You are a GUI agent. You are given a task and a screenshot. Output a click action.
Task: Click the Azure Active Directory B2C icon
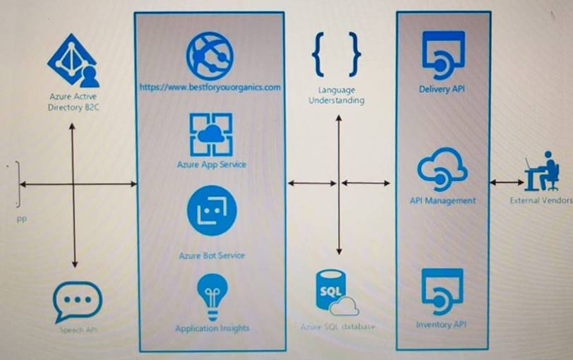pyautogui.click(x=73, y=62)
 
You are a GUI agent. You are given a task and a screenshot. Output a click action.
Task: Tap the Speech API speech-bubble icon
pyautogui.click(x=78, y=301)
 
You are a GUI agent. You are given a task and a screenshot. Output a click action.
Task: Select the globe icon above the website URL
pyautogui.click(x=210, y=55)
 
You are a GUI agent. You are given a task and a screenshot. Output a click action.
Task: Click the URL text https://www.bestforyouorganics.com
pyautogui.click(x=210, y=88)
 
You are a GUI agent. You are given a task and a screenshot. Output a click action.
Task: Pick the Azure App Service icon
pyautogui.click(x=211, y=134)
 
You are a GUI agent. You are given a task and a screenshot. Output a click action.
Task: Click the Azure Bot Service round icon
pyautogui.click(x=212, y=210)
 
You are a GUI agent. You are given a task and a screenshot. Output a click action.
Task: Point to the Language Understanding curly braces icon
pyautogui.click(x=337, y=53)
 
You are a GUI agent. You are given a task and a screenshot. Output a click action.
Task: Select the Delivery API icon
pyautogui.click(x=442, y=54)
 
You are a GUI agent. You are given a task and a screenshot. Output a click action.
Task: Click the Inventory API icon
pyautogui.click(x=442, y=290)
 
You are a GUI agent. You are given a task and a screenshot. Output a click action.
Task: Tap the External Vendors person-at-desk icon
pyautogui.click(x=542, y=172)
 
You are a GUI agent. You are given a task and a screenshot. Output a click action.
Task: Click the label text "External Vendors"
pyautogui.click(x=542, y=200)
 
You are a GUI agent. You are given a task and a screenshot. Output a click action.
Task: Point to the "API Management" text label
pyautogui.click(x=442, y=200)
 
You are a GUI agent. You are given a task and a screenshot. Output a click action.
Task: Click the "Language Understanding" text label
pyautogui.click(x=337, y=95)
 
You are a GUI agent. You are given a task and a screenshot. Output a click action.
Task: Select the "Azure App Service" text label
pyautogui.click(x=212, y=164)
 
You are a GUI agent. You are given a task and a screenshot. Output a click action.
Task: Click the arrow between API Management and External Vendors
pyautogui.click(x=506, y=182)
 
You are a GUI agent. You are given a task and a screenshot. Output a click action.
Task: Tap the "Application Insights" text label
pyautogui.click(x=212, y=328)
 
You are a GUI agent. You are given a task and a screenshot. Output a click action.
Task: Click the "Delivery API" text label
pyautogui.click(x=442, y=89)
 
